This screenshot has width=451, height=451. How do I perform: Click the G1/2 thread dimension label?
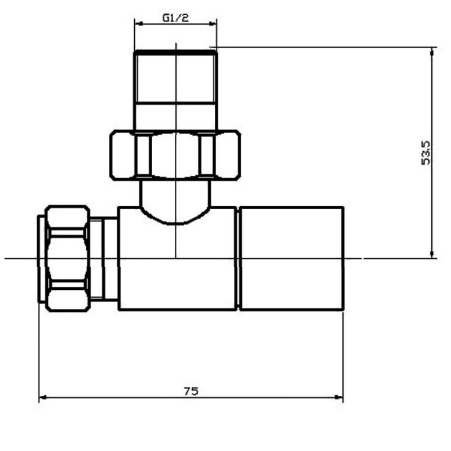[x=175, y=18]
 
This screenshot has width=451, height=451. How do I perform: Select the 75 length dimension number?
[x=191, y=391]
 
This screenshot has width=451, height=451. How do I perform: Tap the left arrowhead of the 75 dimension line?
[x=42, y=397]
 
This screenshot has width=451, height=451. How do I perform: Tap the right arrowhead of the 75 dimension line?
[x=339, y=397]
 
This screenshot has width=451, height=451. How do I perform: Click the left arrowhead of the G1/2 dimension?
[x=138, y=24]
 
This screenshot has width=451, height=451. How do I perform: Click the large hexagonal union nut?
[x=175, y=155]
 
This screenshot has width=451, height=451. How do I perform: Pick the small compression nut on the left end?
[x=67, y=258]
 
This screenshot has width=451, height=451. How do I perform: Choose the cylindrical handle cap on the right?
[x=291, y=258]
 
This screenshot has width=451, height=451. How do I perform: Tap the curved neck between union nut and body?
[x=175, y=200]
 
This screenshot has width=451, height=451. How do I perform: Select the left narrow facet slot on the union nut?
[x=143, y=155]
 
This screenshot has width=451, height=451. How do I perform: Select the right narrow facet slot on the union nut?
[x=207, y=155]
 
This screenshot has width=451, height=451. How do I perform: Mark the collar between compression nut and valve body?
[x=104, y=258]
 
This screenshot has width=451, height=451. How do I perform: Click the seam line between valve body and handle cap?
[x=237, y=258]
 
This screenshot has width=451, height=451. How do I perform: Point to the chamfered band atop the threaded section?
[x=175, y=54]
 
